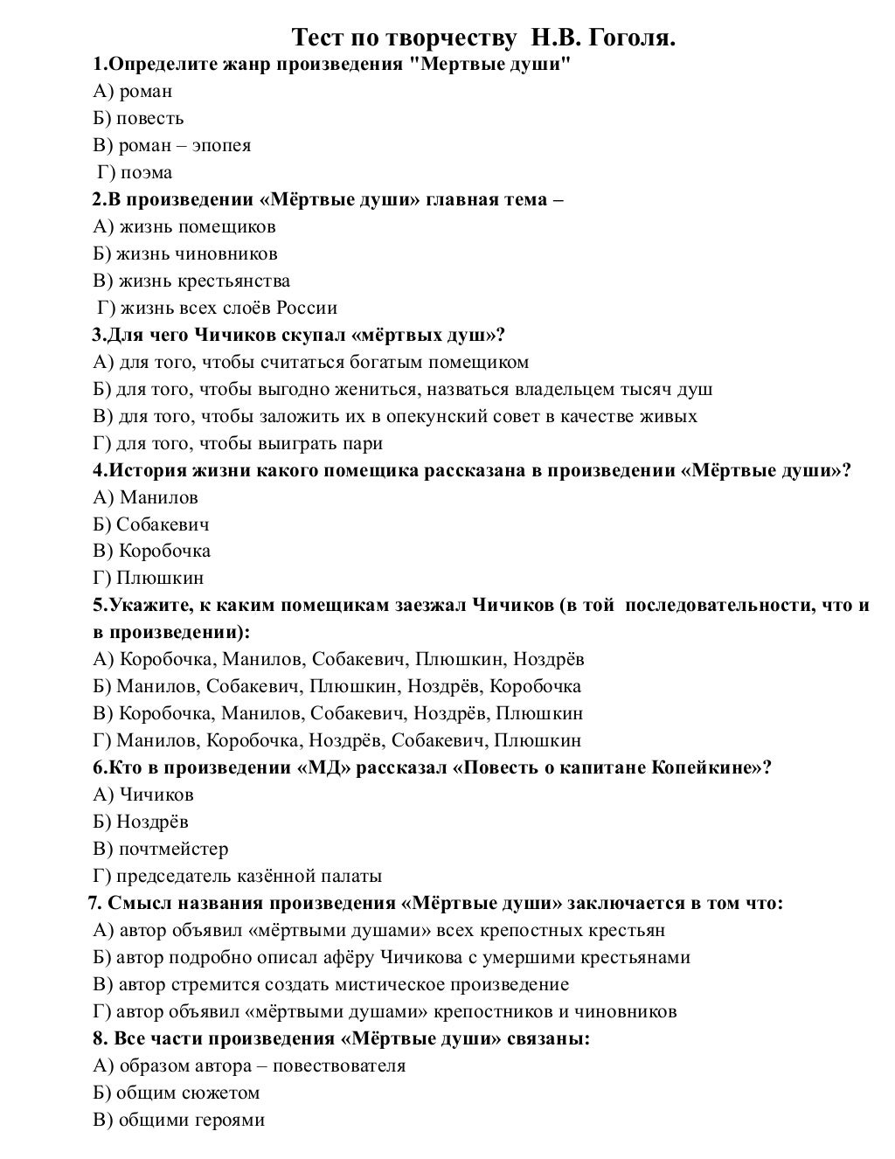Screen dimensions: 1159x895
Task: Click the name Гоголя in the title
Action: pyautogui.click(x=631, y=38)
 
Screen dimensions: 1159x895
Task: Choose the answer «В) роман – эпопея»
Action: pyautogui.click(x=171, y=145)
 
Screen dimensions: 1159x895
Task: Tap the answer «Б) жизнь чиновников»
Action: pyautogui.click(x=184, y=253)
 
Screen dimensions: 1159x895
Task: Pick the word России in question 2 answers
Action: pyautogui.click(x=307, y=308)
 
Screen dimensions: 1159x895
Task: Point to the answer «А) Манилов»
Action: pyautogui.click(x=145, y=497)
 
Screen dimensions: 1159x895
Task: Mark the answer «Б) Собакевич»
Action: pyautogui.click(x=150, y=524)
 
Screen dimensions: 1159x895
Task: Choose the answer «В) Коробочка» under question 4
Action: pyautogui.click(x=151, y=551)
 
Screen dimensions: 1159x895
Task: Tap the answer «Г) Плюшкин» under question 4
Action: pyautogui.click(x=148, y=578)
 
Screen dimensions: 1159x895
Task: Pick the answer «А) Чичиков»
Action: pyautogui.click(x=143, y=795)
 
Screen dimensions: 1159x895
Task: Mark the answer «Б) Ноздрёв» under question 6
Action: pyautogui.click(x=140, y=822)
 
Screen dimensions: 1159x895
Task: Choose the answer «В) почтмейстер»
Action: pyautogui.click(x=160, y=849)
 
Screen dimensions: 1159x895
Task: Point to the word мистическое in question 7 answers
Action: pyautogui.click(x=392, y=984)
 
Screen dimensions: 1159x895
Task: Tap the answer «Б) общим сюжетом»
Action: pyautogui.click(x=176, y=1093)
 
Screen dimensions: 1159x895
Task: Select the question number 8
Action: pyautogui.click(x=99, y=1039)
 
